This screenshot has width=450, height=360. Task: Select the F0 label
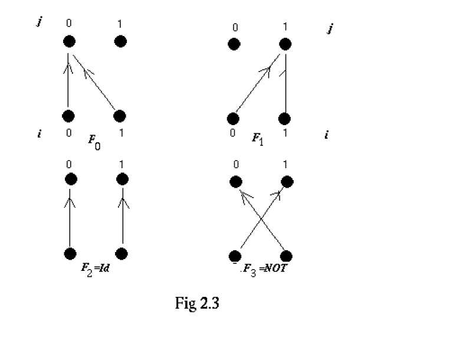pyautogui.click(x=94, y=141)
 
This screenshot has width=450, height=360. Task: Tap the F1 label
pyautogui.click(x=258, y=139)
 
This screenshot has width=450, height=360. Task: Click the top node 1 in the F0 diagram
pyautogui.click(x=120, y=41)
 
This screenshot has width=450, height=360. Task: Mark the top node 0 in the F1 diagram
pyautogui.click(x=234, y=44)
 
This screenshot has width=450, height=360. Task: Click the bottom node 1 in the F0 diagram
pyautogui.click(x=120, y=116)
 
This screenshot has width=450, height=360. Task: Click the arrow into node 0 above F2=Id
pyautogui.click(x=70, y=215)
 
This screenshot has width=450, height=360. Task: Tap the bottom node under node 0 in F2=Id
pyautogui.click(x=70, y=254)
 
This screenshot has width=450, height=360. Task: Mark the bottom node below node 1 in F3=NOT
pyautogui.click(x=287, y=256)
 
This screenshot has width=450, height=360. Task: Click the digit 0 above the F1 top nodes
pyautogui.click(x=235, y=28)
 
